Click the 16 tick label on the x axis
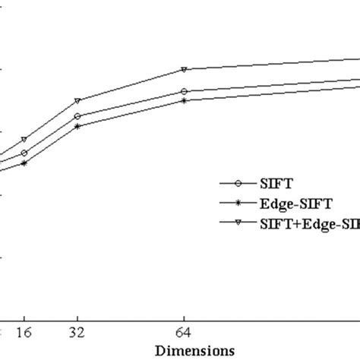click(x=24, y=333)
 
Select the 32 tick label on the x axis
click(x=77, y=333)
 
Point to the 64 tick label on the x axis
click(x=184, y=333)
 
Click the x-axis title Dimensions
click(x=194, y=350)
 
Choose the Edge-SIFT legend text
click(x=292, y=203)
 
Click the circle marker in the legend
click(x=238, y=183)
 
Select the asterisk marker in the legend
click(x=238, y=203)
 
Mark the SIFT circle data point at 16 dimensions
click(x=24, y=153)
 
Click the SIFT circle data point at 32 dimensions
click(x=77, y=116)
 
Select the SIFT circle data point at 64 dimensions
click(x=184, y=91)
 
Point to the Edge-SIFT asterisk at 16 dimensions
click(x=24, y=163)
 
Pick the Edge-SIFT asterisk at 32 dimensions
click(x=77, y=126)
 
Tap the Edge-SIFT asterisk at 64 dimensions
click(x=184, y=100)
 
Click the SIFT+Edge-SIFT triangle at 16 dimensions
click(x=24, y=140)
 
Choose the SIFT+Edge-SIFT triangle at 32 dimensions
click(x=77, y=101)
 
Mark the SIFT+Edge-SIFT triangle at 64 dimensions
click(x=184, y=69)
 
